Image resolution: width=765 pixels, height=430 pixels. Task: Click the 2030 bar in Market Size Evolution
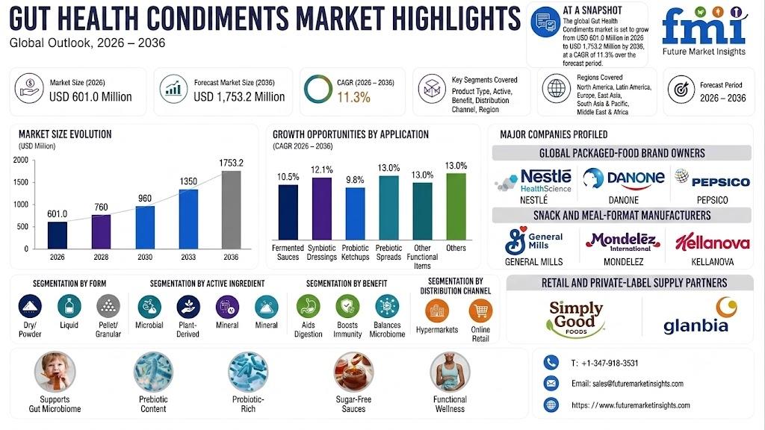[x=145, y=227]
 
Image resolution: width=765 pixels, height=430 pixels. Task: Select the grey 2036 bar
[x=232, y=210]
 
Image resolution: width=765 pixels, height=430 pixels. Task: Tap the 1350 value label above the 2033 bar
[x=188, y=181]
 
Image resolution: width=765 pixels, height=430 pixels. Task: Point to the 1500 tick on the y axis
[x=20, y=182]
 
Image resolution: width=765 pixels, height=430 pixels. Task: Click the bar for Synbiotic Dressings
[x=321, y=209]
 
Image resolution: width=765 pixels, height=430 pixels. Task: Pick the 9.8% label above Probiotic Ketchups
[x=355, y=180]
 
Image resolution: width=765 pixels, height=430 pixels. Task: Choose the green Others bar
[x=456, y=206]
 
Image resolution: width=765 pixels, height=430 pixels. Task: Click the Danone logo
[x=624, y=179]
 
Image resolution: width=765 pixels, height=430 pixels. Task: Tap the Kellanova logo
[x=712, y=241]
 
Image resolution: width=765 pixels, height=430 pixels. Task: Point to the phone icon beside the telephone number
[x=551, y=363]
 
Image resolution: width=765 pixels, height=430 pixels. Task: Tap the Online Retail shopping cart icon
[x=480, y=311]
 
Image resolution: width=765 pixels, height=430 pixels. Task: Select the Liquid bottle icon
[x=69, y=306]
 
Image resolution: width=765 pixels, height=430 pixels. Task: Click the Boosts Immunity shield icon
[x=347, y=306]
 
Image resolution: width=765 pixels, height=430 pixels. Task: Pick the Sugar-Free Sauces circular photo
[x=353, y=372]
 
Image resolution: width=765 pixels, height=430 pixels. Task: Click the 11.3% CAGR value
[x=353, y=98]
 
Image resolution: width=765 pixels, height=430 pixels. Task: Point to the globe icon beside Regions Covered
[x=556, y=89]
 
